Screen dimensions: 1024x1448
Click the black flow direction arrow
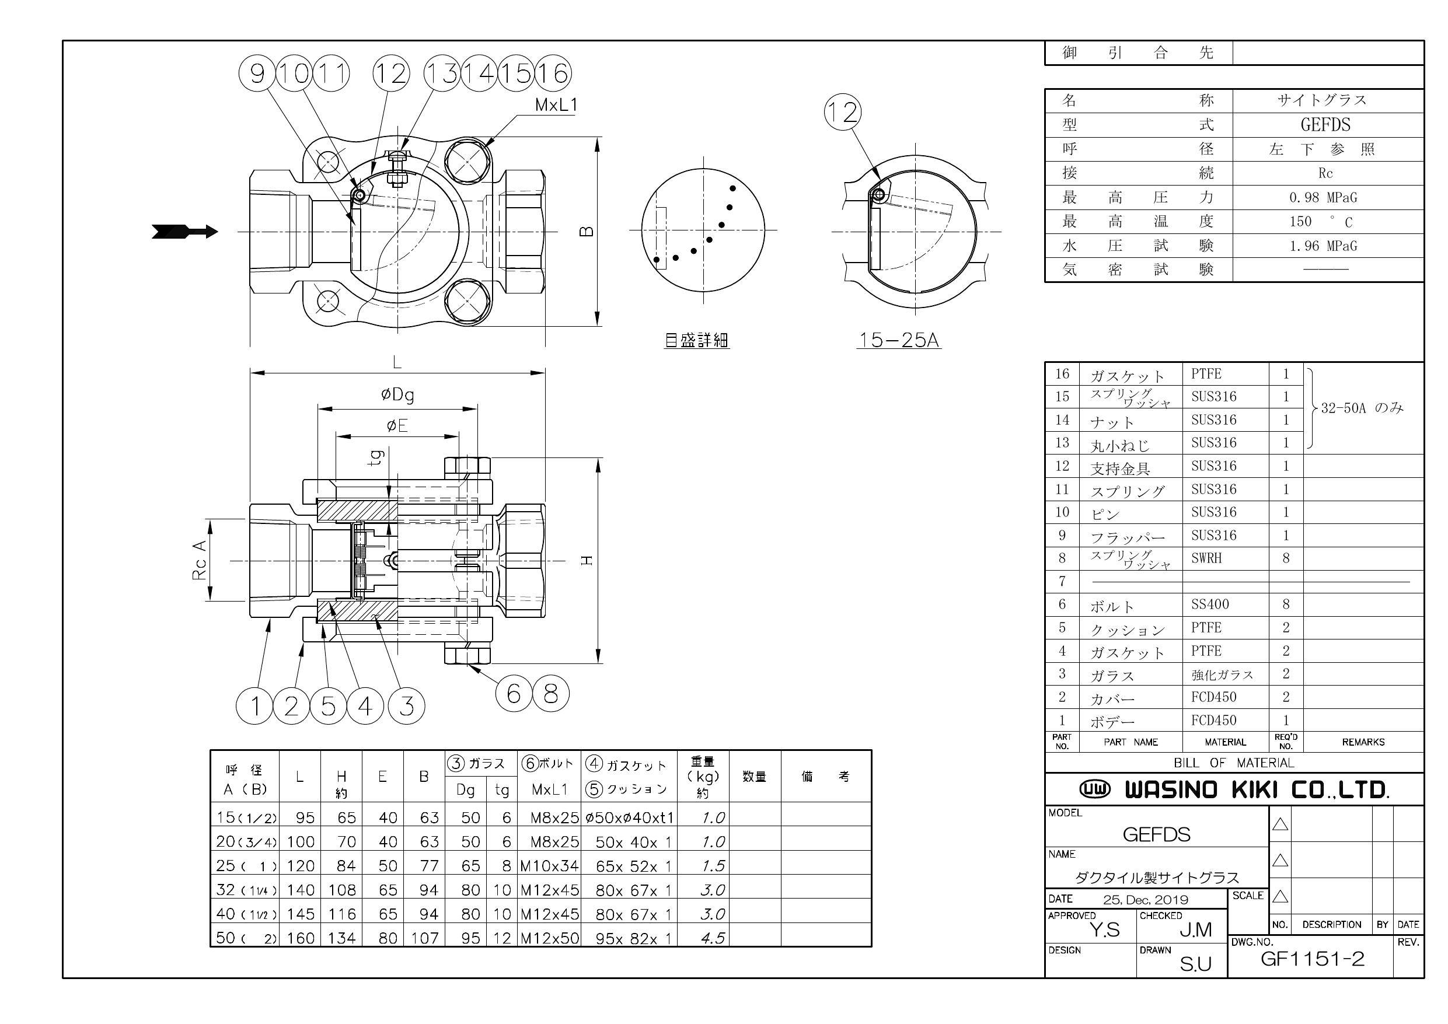pos(185,232)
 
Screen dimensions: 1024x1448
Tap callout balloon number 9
pos(257,73)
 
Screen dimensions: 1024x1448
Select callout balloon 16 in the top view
pos(553,73)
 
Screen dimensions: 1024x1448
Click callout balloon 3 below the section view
pos(407,706)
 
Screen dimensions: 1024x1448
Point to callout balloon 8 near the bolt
pos(550,694)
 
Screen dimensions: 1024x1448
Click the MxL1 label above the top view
pos(556,105)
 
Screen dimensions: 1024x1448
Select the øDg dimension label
pos(397,394)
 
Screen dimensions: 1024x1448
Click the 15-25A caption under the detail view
pos(899,341)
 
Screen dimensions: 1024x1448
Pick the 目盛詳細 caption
pos(697,341)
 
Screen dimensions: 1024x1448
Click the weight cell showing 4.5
pos(713,938)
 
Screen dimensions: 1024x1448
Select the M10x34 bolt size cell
pos(549,866)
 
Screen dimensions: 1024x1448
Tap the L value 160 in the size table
pos(300,938)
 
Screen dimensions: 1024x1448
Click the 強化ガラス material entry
pos(1222,674)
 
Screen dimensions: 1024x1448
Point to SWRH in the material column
pos(1206,558)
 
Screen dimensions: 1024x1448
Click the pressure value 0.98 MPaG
pos(1323,197)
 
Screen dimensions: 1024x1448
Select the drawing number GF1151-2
pos(1312,959)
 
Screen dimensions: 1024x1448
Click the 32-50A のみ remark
pos(1362,408)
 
